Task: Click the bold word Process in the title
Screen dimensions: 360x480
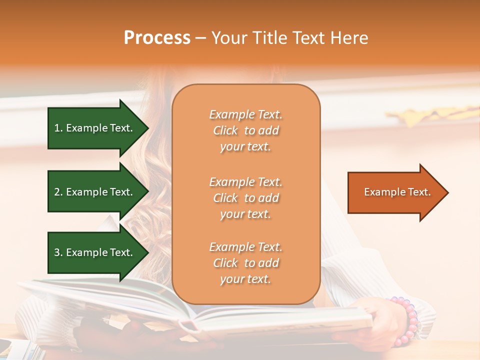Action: click(x=157, y=38)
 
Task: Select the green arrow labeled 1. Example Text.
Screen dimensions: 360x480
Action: click(x=98, y=128)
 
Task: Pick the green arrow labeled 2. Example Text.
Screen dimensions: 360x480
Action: click(x=98, y=192)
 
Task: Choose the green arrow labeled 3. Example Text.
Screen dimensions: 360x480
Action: click(x=98, y=252)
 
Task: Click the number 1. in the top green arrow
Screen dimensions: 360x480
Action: click(x=58, y=128)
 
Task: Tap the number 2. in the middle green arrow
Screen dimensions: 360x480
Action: click(x=58, y=192)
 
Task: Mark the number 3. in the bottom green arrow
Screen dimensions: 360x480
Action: click(x=58, y=252)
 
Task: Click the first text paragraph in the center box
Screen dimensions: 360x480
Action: click(x=245, y=130)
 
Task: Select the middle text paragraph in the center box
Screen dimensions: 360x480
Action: click(x=245, y=198)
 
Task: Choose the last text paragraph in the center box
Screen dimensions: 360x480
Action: click(x=245, y=263)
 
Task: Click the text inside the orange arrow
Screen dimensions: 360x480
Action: click(x=397, y=192)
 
